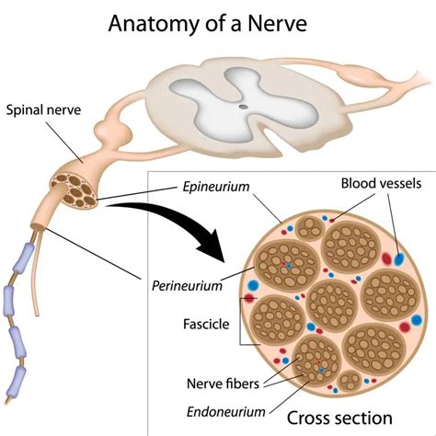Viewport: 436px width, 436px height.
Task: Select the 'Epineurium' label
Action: coord(213,187)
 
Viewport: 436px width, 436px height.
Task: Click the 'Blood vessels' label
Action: coord(380,183)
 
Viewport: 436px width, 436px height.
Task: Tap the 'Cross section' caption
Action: coord(342,416)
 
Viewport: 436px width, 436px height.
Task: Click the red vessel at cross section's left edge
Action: coord(248,298)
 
